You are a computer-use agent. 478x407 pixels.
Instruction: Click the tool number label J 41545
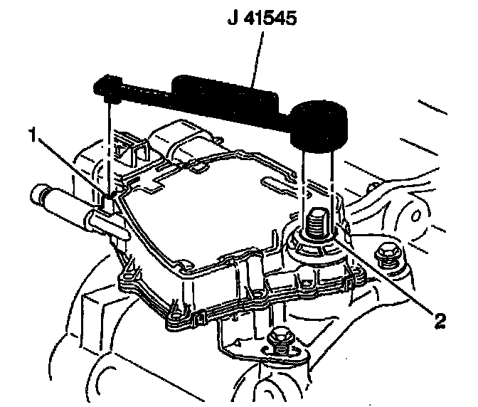263,19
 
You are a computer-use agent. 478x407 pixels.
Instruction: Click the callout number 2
440,321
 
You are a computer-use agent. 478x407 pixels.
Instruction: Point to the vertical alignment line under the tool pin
109,142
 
